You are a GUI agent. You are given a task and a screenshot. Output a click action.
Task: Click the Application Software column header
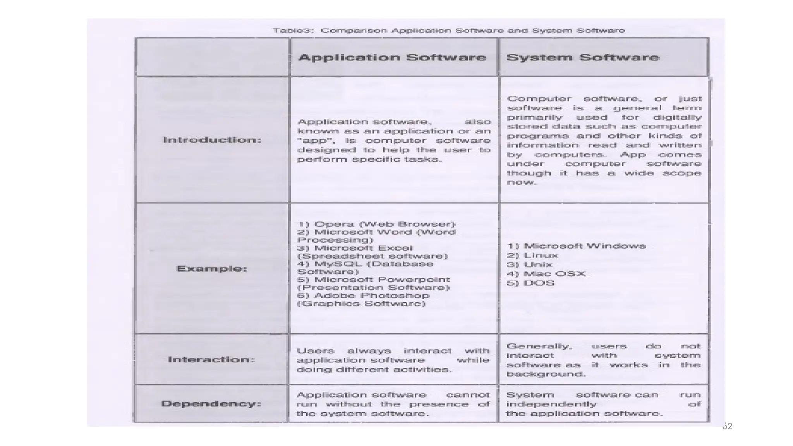coord(392,57)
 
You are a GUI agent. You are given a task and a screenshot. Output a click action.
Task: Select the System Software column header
coord(583,57)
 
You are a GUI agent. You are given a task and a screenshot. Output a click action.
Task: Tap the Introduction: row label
coord(212,140)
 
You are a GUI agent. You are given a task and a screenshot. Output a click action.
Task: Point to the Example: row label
coord(212,269)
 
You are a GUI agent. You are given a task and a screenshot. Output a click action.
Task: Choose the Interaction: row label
coord(211,359)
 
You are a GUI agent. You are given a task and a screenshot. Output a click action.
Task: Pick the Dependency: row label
coord(211,404)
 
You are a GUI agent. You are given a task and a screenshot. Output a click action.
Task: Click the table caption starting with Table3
coord(449,30)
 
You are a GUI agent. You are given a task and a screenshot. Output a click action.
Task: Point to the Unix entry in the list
coord(538,264)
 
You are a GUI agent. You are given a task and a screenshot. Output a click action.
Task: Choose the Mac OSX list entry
coord(554,274)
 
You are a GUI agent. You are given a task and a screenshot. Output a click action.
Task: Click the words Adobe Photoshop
coord(372,295)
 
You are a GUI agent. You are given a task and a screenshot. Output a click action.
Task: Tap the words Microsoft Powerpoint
coord(382,280)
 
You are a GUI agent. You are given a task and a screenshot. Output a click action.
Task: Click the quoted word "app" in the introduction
coord(311,141)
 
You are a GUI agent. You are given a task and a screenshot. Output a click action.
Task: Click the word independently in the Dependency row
coord(551,404)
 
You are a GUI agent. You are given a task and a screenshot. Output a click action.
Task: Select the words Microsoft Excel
coord(364,248)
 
